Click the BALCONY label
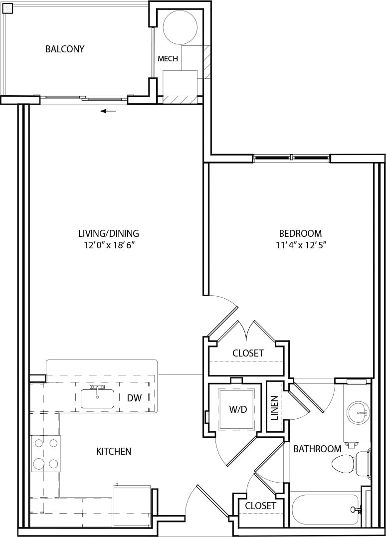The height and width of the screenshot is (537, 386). click(64, 49)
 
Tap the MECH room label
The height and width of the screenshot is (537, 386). click(168, 59)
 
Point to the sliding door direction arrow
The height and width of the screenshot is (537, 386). click(108, 111)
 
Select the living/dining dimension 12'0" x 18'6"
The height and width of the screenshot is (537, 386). click(108, 245)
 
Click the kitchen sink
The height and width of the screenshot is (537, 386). click(97, 398)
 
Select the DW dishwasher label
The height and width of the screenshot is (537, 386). click(134, 398)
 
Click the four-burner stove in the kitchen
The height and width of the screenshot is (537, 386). click(45, 453)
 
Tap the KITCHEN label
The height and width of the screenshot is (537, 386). click(113, 451)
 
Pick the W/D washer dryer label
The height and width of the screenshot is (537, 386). click(238, 410)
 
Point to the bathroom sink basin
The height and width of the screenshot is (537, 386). click(357, 412)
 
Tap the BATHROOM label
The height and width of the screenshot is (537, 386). click(317, 449)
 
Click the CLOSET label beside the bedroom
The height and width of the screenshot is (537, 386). click(248, 353)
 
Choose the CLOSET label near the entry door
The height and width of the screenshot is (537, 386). click(260, 506)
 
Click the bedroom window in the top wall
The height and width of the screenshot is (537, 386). click(291, 158)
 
